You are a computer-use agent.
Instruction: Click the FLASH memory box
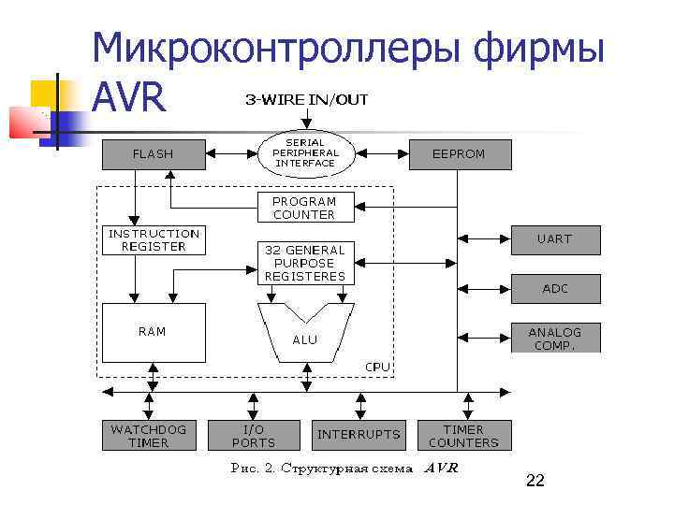153,153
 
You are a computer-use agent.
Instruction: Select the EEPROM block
459,153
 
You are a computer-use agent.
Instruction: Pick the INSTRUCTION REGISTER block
154,240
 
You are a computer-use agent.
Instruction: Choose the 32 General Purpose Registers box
304,263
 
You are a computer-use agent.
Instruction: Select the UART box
554,239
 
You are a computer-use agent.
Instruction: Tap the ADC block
555,289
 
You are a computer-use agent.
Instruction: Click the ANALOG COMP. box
554,338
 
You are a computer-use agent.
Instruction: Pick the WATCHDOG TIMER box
148,436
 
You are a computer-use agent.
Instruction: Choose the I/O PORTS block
253,436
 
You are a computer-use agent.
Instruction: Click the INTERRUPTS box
359,435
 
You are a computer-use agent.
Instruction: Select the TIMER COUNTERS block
463,436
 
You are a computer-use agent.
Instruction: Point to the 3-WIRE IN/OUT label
307,99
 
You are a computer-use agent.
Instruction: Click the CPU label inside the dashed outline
377,367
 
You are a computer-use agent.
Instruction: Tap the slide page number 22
535,481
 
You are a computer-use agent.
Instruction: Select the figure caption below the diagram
344,469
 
